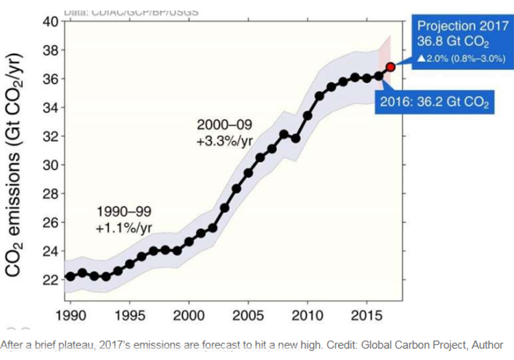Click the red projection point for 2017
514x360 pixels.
391,67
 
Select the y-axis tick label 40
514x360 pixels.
49,21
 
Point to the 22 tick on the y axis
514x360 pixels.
49,280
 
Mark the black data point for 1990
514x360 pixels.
70,276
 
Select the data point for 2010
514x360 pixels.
308,115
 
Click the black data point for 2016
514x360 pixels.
379,76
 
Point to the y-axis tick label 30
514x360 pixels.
49,165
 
